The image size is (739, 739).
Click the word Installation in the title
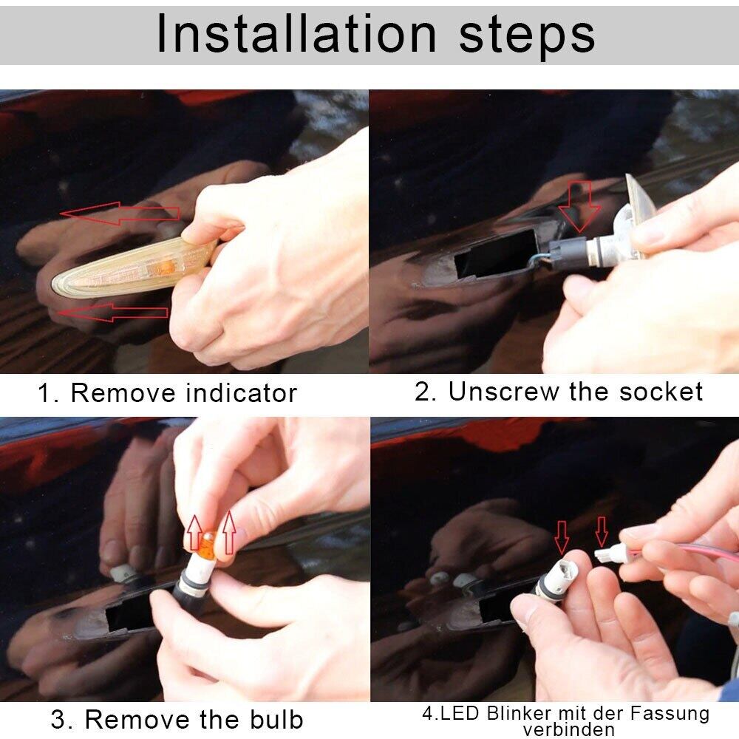[x=296, y=33]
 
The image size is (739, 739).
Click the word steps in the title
[x=527, y=38]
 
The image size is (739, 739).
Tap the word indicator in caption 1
[x=242, y=392]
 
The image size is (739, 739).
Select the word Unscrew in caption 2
[x=505, y=391]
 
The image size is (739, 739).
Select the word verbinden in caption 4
[x=569, y=729]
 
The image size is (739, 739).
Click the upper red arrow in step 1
[x=120, y=214]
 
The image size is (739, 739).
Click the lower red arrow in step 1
[x=112, y=312]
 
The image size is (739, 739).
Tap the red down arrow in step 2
[x=579, y=208]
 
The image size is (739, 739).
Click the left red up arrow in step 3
[x=194, y=533]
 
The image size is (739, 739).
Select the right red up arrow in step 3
[x=229, y=533]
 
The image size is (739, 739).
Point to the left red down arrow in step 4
[x=562, y=537]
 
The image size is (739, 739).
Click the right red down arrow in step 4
[x=601, y=531]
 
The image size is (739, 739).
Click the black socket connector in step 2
[x=568, y=253]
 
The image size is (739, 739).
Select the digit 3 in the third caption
[x=58, y=720]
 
